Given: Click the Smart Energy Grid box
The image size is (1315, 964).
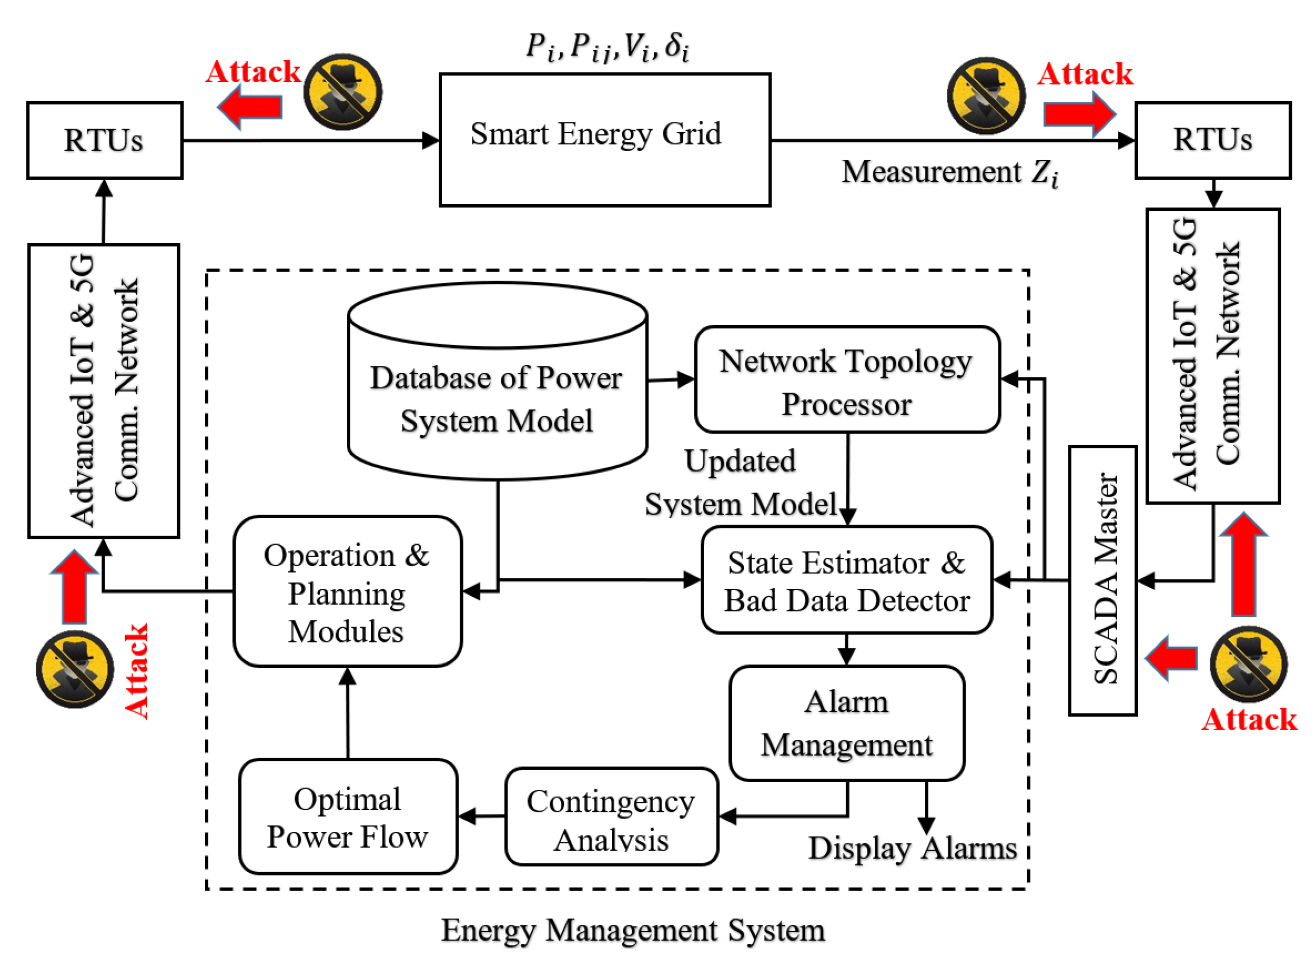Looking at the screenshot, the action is pyautogui.click(x=605, y=140).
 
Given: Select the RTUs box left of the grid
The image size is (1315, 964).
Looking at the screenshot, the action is pyautogui.click(x=105, y=140).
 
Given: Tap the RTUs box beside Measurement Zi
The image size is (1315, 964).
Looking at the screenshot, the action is pyautogui.click(x=1212, y=140).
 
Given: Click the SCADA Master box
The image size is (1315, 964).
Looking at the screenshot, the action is pyautogui.click(x=1103, y=581).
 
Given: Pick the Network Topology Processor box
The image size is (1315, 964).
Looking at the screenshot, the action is pyautogui.click(x=847, y=379).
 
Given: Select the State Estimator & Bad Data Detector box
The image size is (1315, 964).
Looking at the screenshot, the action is pyautogui.click(x=847, y=580).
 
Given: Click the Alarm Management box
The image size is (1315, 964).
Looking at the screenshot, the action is pyautogui.click(x=847, y=723).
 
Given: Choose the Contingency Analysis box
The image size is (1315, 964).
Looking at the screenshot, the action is pyautogui.click(x=611, y=816).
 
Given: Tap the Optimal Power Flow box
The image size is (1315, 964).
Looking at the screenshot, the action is pyautogui.click(x=348, y=816).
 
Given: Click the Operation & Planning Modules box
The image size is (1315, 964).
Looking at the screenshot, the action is pyautogui.click(x=347, y=591).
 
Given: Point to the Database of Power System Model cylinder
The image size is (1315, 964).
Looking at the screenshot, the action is pyautogui.click(x=497, y=381).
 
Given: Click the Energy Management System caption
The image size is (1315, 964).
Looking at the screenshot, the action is pyautogui.click(x=633, y=930).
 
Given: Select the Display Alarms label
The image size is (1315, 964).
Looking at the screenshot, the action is pyautogui.click(x=912, y=849).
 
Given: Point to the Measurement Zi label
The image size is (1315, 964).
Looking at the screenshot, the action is pyautogui.click(x=950, y=173).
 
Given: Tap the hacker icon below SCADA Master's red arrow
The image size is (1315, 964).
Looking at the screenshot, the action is pyautogui.click(x=1249, y=664).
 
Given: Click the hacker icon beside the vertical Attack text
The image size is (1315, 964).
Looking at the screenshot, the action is pyautogui.click(x=75, y=669).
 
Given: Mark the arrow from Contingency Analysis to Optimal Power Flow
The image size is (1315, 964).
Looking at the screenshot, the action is pyautogui.click(x=482, y=816).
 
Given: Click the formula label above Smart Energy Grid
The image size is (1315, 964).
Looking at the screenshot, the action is pyautogui.click(x=608, y=46).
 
